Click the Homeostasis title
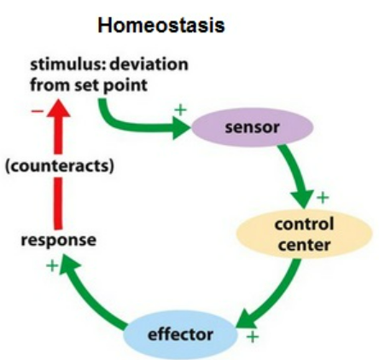160,26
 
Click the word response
59,240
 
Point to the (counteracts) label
60,165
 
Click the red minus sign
37,112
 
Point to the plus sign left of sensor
180,109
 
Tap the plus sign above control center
322,198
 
